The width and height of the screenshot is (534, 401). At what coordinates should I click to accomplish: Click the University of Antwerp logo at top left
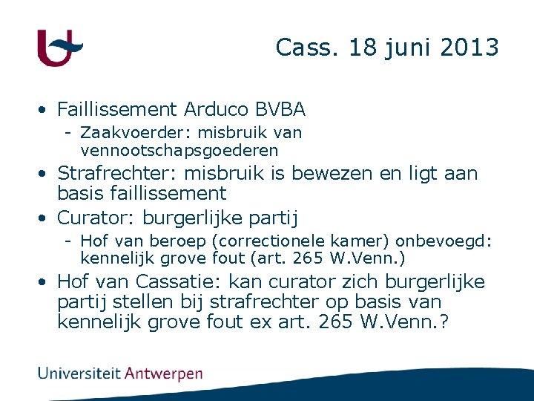tap(59, 48)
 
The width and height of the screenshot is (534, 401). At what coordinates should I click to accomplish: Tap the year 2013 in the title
tap(469, 48)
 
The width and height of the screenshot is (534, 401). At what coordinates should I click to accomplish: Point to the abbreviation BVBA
tap(280, 110)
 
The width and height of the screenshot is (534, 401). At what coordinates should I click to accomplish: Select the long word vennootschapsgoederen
tap(179, 150)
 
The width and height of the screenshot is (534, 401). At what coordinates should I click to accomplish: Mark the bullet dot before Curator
tap(45, 218)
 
